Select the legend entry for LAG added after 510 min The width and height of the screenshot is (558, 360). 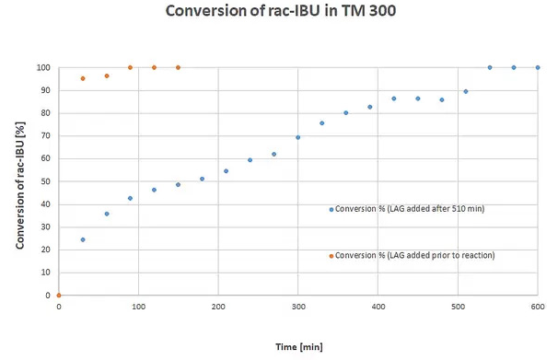click(410, 209)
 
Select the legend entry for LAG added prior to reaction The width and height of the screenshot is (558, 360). click(414, 255)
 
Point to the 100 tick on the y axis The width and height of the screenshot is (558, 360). click(42, 68)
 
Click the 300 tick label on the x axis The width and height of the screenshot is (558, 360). click(297, 307)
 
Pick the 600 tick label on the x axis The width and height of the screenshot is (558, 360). click(537, 307)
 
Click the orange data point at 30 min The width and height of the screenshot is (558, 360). click(83, 78)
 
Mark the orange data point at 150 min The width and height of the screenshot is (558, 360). click(178, 67)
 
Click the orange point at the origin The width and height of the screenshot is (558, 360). click(59, 296)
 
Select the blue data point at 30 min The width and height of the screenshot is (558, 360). click(83, 239)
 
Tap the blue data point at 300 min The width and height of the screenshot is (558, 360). click(297, 137)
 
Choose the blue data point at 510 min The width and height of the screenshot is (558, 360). click(465, 91)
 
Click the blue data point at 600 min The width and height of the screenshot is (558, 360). click(537, 67)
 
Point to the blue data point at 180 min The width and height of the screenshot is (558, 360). click(202, 179)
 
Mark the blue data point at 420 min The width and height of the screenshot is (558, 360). click(393, 99)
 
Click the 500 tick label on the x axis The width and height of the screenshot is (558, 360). click(458, 307)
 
